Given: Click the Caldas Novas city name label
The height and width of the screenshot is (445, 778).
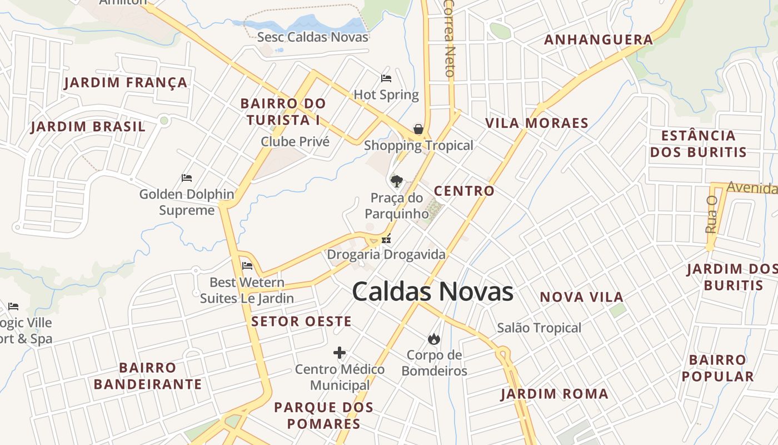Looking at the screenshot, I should tap(432, 292).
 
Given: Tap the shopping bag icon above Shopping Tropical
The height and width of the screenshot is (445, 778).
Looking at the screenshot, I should tap(418, 130).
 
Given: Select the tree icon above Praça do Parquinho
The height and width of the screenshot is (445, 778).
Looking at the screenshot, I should tap(396, 181).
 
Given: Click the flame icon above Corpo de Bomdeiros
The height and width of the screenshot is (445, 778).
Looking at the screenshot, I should tap(433, 338).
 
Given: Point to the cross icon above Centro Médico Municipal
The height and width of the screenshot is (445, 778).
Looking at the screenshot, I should tap(340, 353).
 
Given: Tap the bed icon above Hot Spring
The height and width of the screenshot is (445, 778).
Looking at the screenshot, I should tap(386, 78).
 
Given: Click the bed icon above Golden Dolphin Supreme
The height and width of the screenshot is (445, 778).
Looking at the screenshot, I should tap(187, 178).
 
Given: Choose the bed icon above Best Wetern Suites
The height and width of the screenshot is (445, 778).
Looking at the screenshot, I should tap(247, 265).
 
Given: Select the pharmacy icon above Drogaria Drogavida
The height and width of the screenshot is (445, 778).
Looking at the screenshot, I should tap(386, 239).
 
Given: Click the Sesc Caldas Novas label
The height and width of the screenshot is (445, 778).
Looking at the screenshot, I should tap(312, 37).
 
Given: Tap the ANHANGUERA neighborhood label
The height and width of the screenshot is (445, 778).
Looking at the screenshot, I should tap(599, 39).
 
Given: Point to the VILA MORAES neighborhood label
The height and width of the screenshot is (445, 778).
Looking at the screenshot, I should tap(537, 123).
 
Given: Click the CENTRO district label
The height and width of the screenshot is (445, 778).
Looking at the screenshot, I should tap(464, 191).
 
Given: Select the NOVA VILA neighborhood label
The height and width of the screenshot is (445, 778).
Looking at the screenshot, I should tap(582, 297).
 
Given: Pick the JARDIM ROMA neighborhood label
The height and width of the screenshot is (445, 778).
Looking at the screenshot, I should tap(554, 394).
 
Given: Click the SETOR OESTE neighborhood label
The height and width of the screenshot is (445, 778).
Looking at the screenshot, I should tap(301, 322).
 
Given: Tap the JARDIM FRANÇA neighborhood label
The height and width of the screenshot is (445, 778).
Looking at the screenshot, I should tap(126, 83).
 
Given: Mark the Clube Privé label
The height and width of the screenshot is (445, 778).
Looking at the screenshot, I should tap(295, 141).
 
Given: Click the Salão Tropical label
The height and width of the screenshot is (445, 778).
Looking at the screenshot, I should tap(539, 328).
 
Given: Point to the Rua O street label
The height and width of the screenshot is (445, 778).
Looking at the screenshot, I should tap(711, 214).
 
